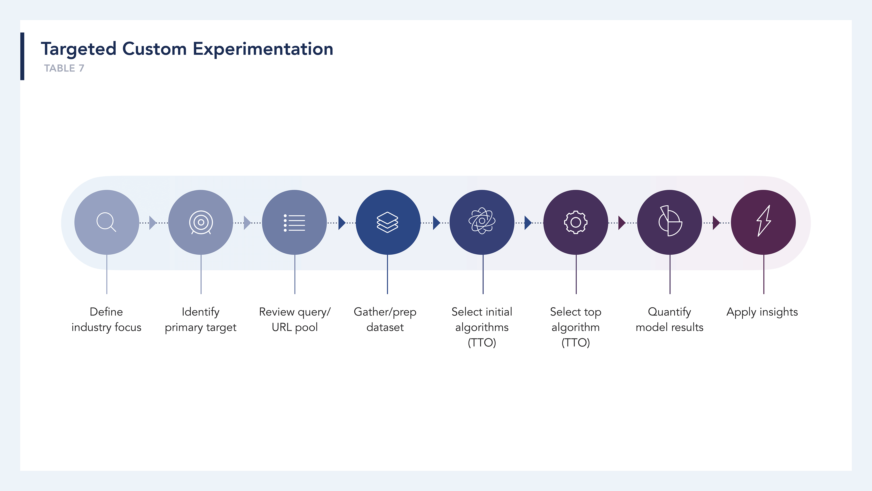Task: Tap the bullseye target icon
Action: click(x=201, y=222)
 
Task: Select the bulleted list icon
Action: click(x=294, y=223)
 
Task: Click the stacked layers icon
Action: click(x=388, y=222)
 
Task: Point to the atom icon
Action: click(x=482, y=221)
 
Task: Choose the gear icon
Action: click(x=576, y=222)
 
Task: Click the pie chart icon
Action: click(x=670, y=221)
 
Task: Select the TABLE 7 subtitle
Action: click(x=64, y=68)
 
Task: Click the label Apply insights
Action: click(x=762, y=312)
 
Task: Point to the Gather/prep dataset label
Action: click(x=385, y=320)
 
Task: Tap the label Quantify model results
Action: click(x=669, y=320)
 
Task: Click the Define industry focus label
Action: click(x=106, y=320)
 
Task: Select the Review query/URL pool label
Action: click(x=295, y=320)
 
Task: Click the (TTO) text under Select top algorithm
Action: click(x=576, y=343)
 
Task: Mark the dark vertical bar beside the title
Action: click(x=22, y=56)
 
